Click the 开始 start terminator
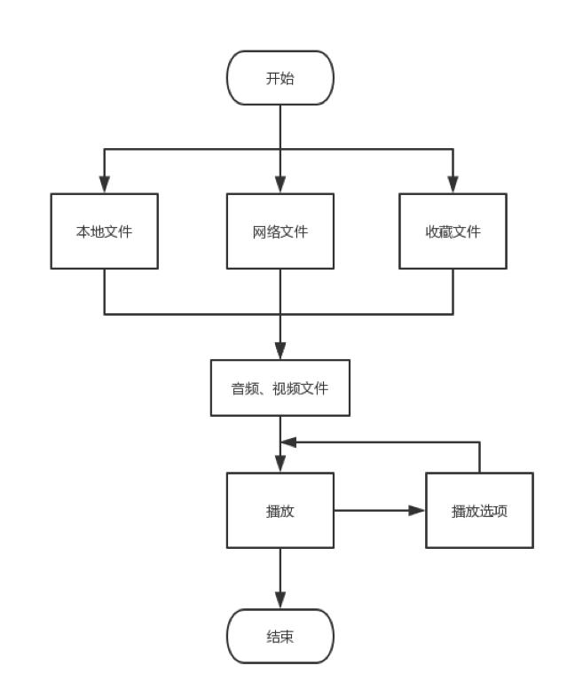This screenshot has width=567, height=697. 280,78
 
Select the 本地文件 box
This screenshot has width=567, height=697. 105,231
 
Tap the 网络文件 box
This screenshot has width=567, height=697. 280,231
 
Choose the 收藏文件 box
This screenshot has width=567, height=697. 453,231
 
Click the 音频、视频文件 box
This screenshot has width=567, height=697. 280,388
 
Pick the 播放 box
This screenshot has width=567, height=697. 280,510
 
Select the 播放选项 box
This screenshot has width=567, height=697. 479,510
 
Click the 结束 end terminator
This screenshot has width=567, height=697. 280,636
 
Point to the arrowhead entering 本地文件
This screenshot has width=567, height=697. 105,184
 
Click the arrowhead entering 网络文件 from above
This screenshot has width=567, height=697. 280,184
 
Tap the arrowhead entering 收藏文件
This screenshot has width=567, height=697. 453,184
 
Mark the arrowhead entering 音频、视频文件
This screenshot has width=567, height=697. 280,350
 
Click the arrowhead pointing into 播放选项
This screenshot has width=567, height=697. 417,510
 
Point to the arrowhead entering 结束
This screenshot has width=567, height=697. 280,600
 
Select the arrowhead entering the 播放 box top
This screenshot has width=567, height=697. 280,463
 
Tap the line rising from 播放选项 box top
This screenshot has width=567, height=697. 479,457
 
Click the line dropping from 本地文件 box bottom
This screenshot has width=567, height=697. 105,291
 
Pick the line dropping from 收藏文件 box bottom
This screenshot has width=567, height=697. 453,291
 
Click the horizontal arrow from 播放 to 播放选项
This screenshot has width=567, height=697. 373,510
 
